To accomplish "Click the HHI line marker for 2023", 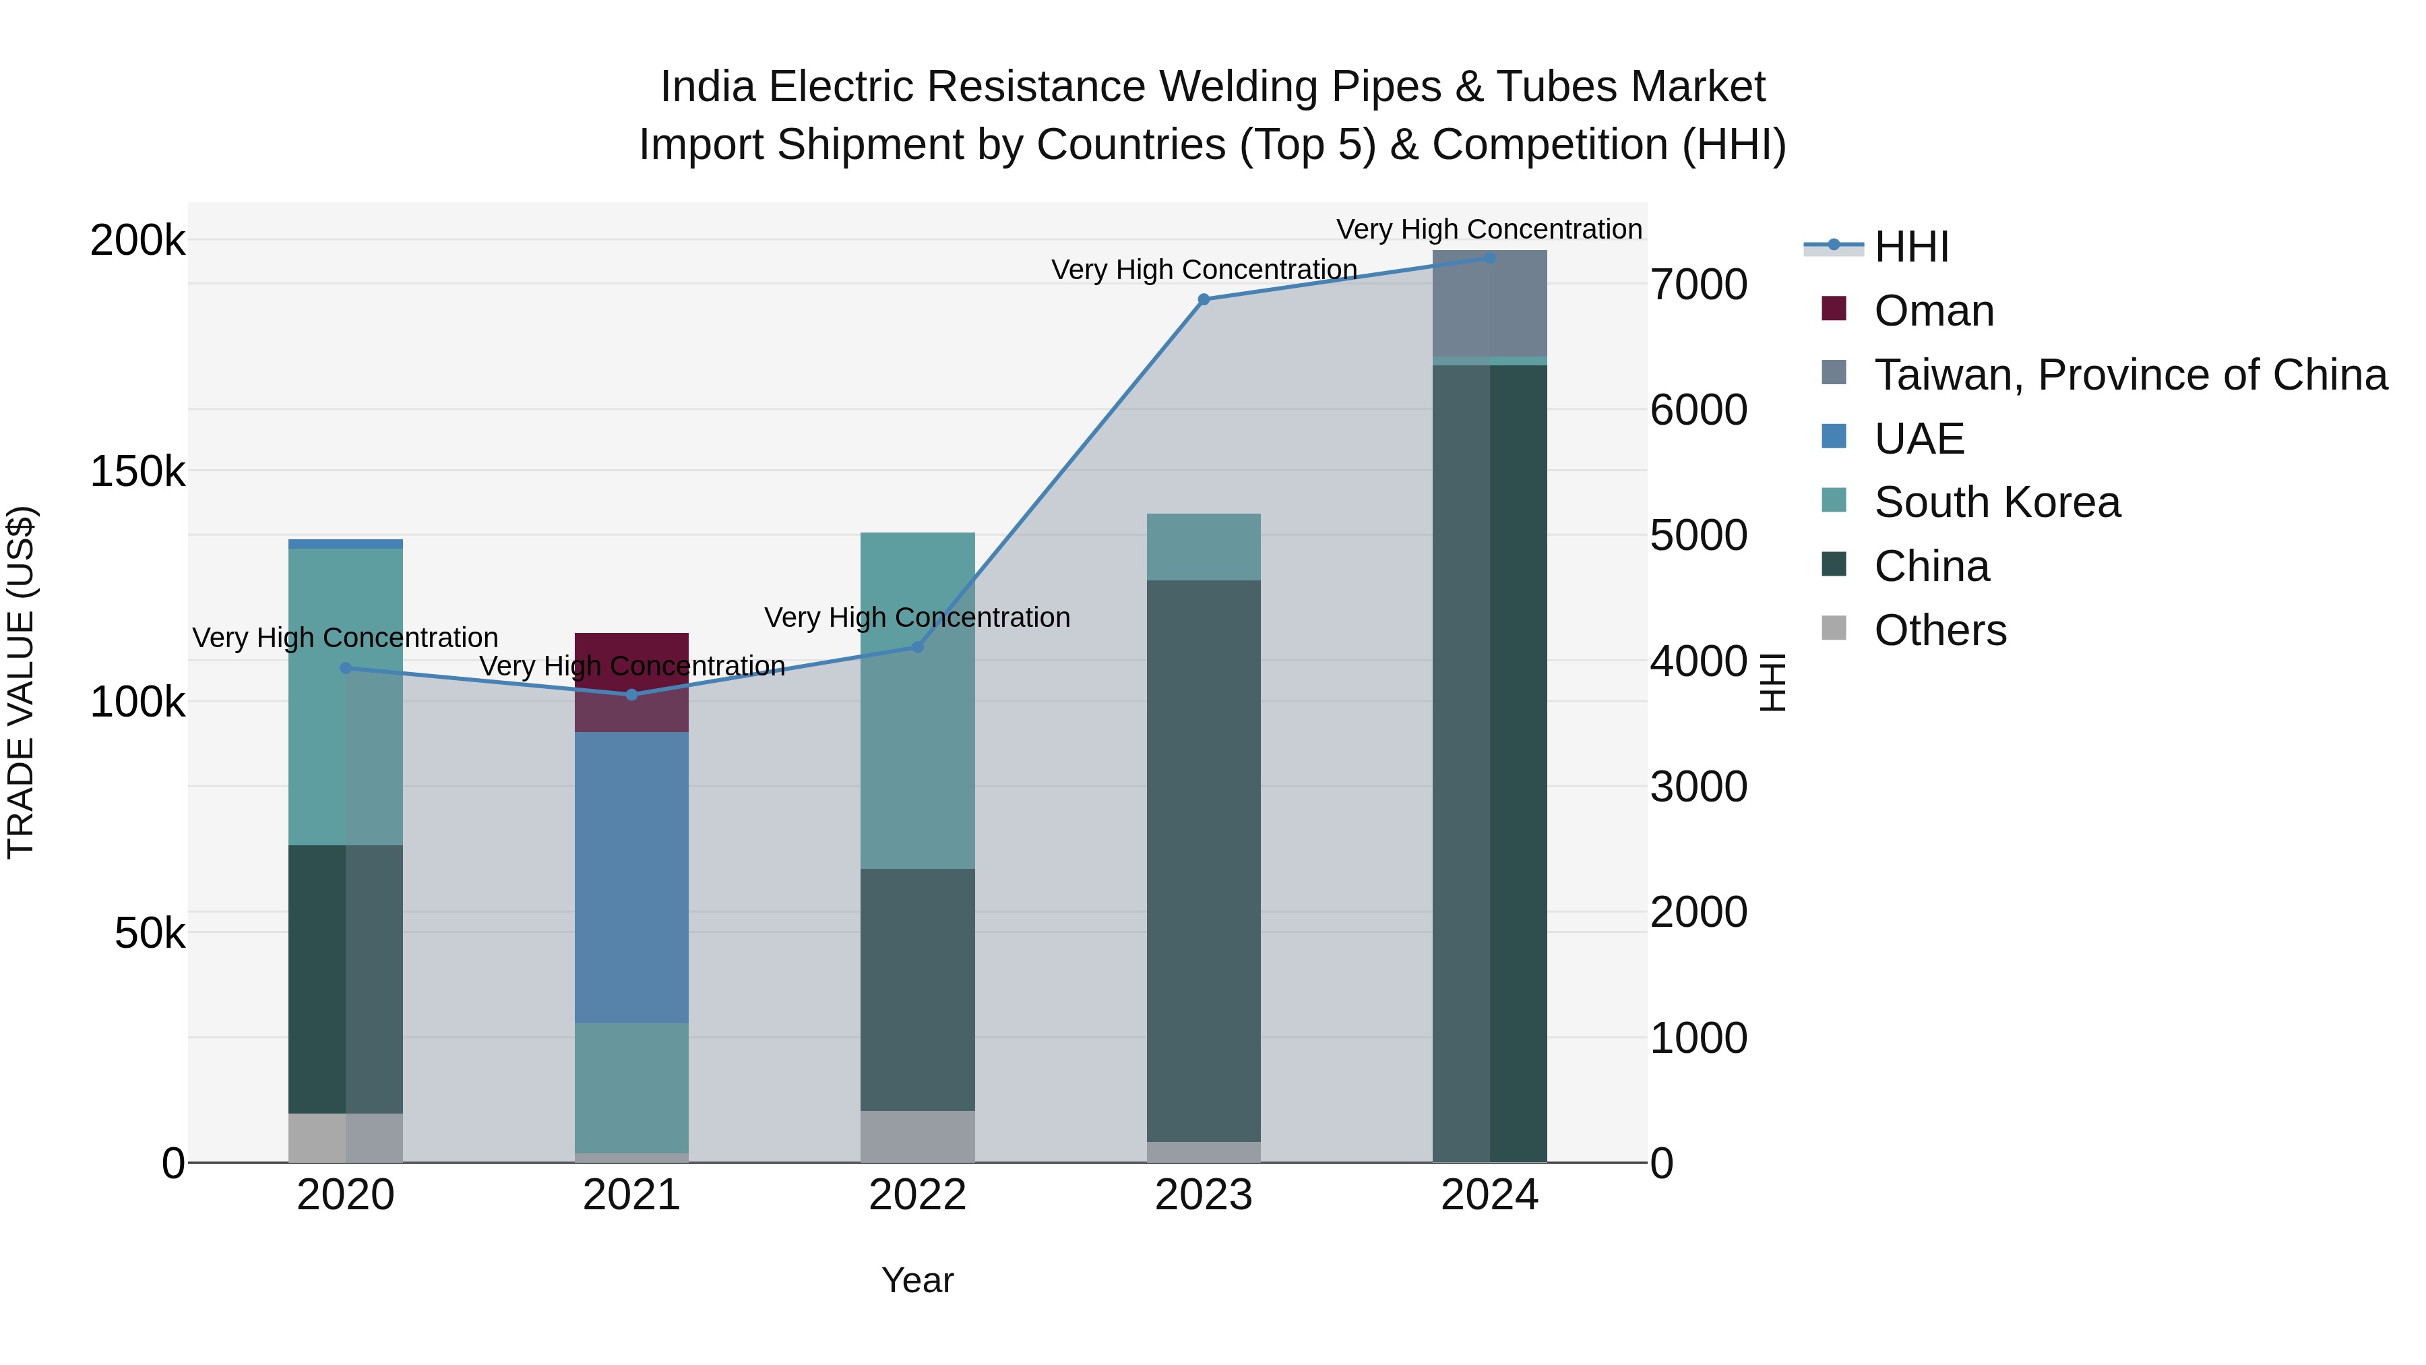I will click(1204, 299).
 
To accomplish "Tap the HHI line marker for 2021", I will click(632, 695).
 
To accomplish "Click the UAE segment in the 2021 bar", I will click(632, 876).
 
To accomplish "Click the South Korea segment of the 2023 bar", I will click(1204, 547).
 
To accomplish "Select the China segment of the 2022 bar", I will click(917, 989).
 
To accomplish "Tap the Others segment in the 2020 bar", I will click(346, 1137).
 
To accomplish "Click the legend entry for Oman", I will click(1933, 311).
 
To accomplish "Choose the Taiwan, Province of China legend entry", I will click(2130, 375).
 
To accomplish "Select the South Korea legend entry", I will click(1997, 502).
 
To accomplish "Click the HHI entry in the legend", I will click(1911, 247).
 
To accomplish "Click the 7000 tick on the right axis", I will click(1699, 284).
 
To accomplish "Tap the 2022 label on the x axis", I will click(917, 1195).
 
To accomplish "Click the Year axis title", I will click(917, 1280).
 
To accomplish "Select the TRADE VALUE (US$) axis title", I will click(21, 682).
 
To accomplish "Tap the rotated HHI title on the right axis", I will click(1772, 682).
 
